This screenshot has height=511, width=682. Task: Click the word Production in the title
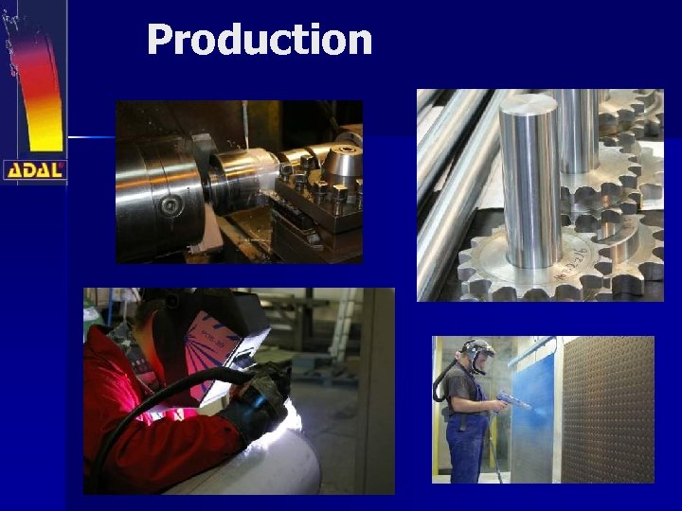coord(260,40)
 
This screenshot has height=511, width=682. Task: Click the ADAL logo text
coord(34,170)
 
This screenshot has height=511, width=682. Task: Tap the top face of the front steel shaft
coord(528,106)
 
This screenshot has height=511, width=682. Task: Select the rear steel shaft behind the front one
coord(579,132)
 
